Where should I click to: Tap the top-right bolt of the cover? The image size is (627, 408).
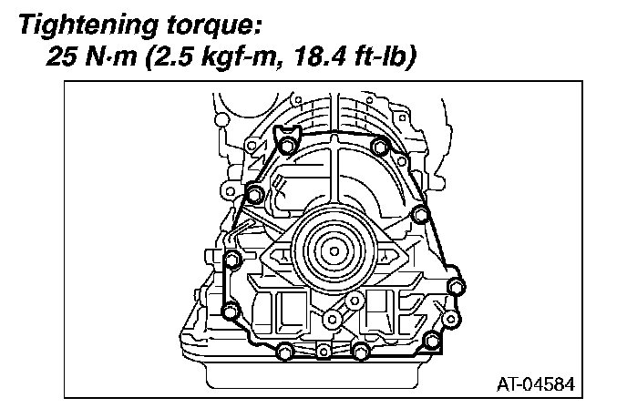pyautogui.click(x=382, y=146)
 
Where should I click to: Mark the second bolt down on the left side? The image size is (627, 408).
pyautogui.click(x=254, y=193)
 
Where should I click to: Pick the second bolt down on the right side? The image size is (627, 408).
pyautogui.click(x=419, y=214)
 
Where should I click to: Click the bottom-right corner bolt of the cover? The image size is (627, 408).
pyautogui.click(x=433, y=342)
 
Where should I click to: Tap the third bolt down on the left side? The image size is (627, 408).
pyautogui.click(x=231, y=261)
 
